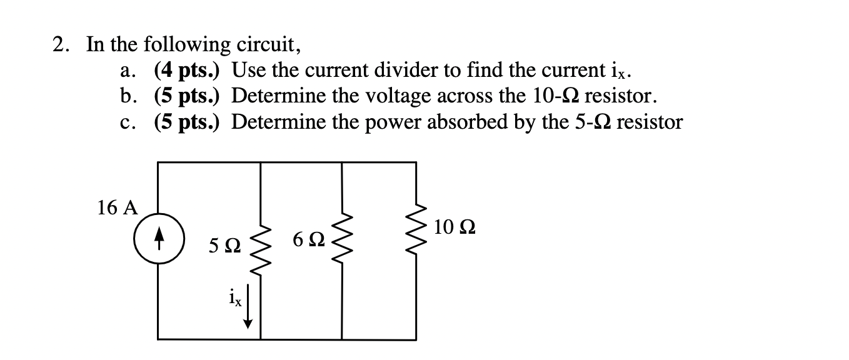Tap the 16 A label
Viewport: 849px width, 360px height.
[117, 207]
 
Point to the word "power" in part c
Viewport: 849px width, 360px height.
[394, 122]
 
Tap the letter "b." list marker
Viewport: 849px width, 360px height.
[126, 96]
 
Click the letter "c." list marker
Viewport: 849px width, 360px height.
[126, 122]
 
